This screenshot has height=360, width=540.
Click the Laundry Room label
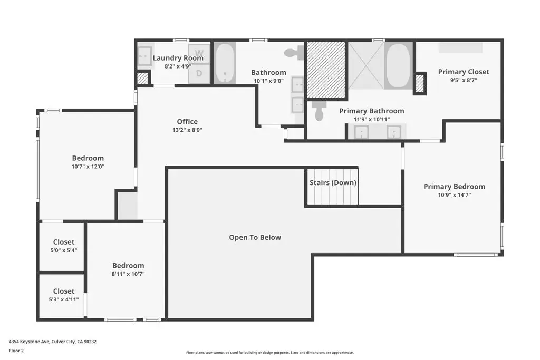178,58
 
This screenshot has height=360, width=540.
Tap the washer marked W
199,53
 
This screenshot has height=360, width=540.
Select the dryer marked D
199,73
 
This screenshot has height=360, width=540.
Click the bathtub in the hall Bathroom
225,63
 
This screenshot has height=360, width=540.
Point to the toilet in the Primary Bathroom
319,110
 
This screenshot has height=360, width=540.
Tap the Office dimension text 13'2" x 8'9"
187,130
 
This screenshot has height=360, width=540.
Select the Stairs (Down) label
333,182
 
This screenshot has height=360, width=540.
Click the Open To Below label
255,237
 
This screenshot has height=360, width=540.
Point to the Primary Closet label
464,72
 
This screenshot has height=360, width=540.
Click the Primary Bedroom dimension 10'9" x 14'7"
455,195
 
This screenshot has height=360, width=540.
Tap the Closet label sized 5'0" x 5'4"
64,242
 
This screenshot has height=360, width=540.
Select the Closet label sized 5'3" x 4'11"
64,291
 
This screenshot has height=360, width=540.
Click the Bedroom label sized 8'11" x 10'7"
128,265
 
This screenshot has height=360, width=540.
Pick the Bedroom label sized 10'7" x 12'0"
88,158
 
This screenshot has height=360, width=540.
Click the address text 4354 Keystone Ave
30,342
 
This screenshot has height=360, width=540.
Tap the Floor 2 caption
16,351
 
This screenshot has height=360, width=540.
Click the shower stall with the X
367,65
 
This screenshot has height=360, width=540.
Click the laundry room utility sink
144,56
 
